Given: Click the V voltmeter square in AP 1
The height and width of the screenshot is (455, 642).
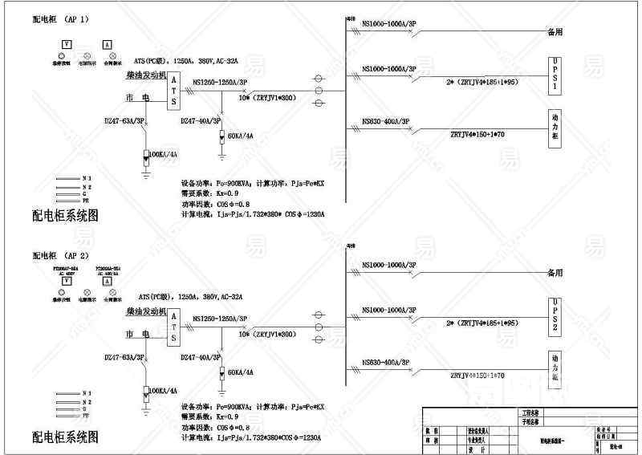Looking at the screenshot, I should pos(67,46).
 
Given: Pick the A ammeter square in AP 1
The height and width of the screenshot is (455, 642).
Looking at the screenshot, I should pos(107,46).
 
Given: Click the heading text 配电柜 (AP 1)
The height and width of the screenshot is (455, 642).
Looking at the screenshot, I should pos(60,18).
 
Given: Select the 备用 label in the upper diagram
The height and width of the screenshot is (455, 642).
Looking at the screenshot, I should pos(555,32).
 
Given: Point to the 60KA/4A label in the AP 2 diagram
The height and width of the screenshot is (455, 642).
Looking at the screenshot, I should pos(240,372).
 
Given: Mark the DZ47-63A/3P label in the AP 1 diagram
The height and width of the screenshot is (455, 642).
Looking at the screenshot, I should pos(124,120).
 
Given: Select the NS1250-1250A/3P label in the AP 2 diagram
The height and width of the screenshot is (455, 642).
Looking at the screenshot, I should pos(220,318).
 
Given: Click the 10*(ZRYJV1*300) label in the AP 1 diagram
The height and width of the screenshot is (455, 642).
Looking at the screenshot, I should pos(268,98).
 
